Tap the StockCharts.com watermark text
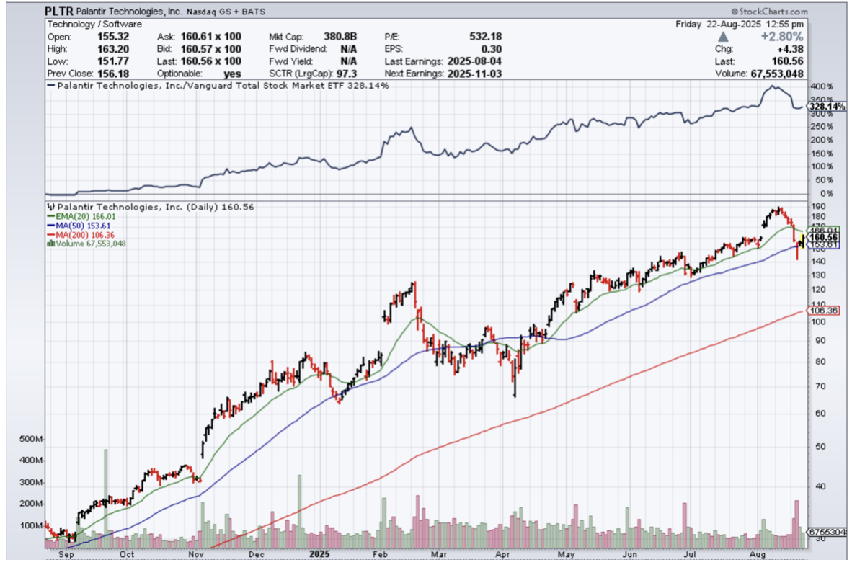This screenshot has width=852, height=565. (789, 12)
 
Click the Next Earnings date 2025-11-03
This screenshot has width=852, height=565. (474, 74)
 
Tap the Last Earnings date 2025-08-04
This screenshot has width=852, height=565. (474, 61)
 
